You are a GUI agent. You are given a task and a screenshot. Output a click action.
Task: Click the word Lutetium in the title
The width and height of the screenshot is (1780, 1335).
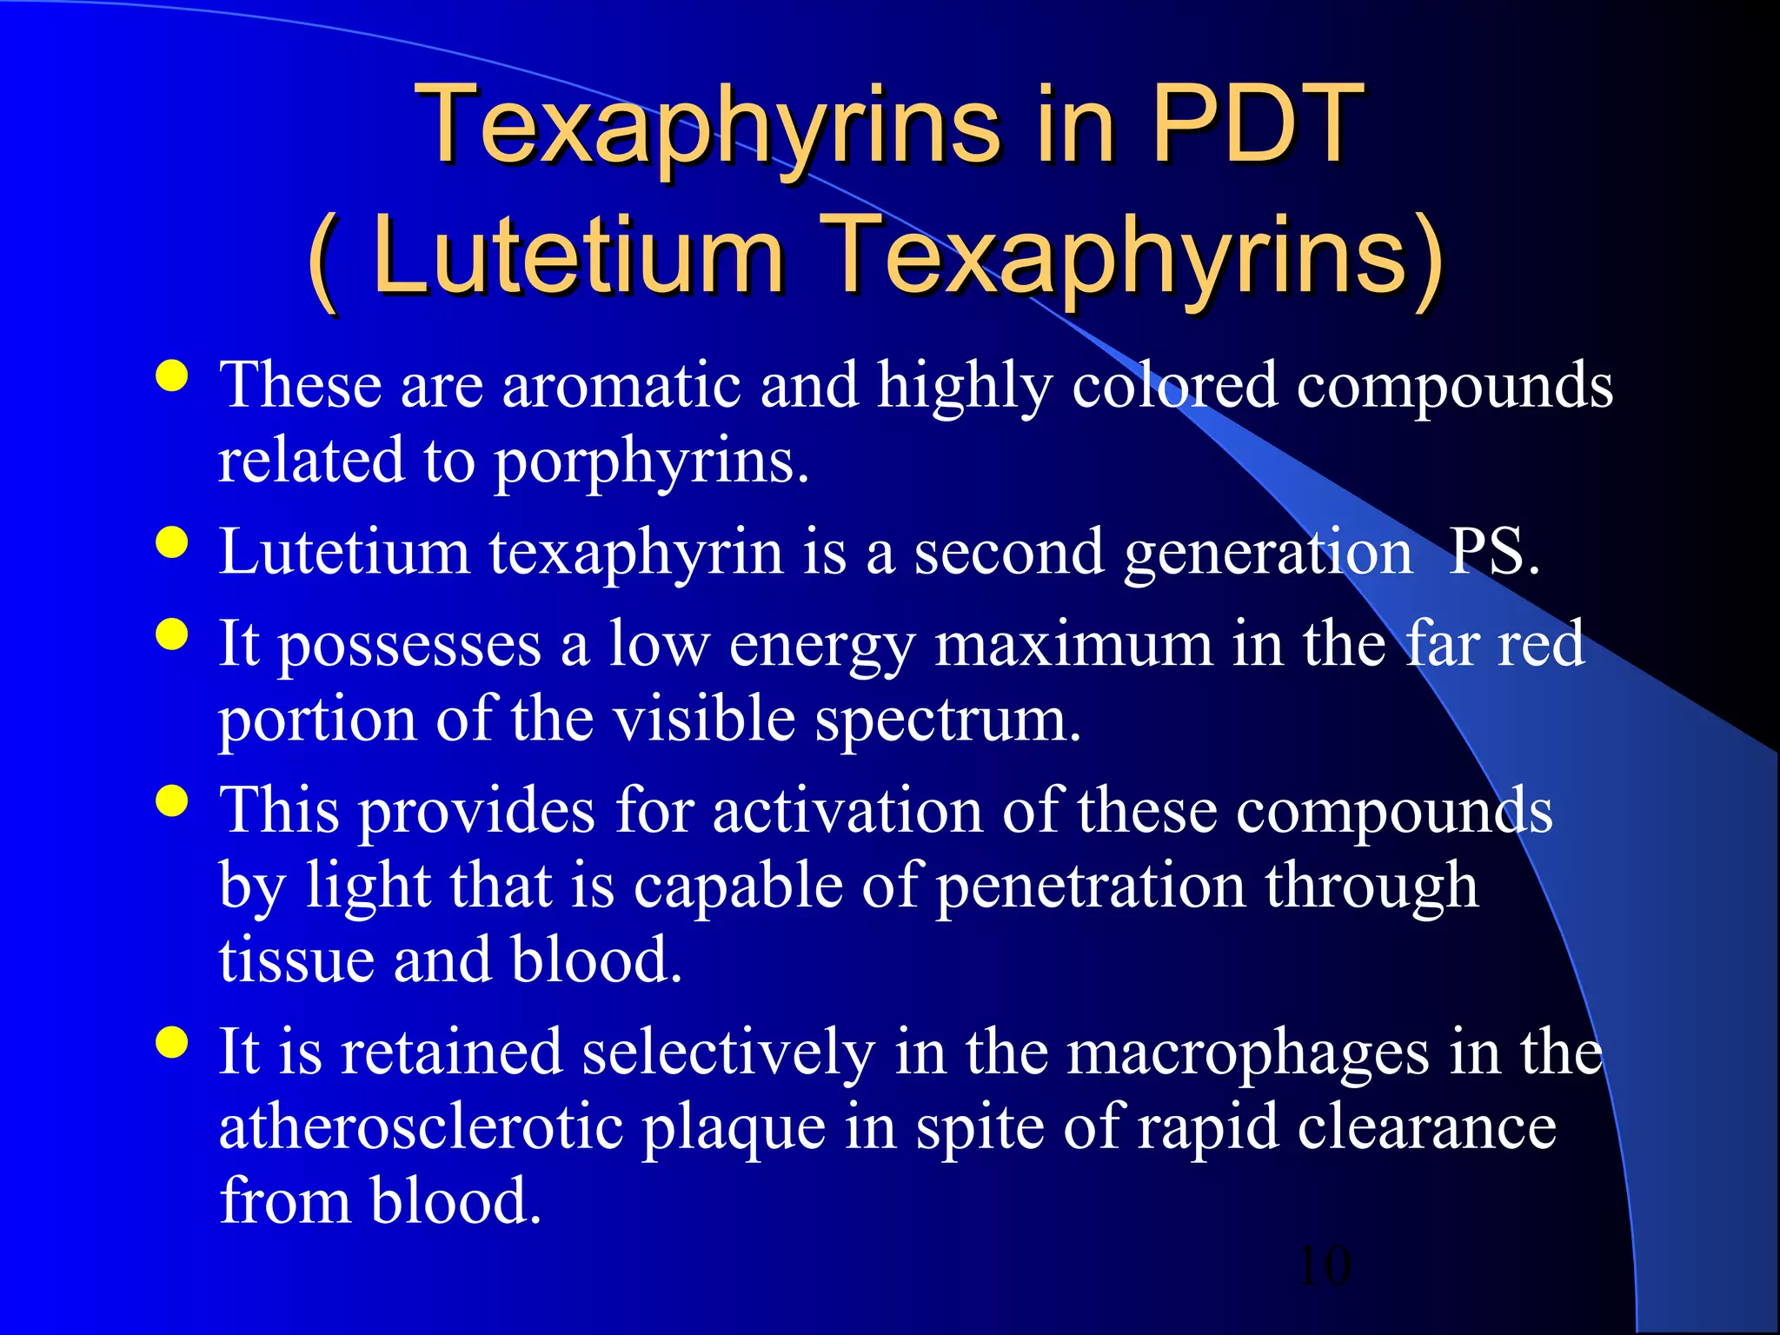[x=578, y=256]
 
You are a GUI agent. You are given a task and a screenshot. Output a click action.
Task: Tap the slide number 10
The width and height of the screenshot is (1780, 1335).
[x=1325, y=1265]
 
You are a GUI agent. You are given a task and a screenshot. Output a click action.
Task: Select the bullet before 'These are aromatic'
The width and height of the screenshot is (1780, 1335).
[x=172, y=377]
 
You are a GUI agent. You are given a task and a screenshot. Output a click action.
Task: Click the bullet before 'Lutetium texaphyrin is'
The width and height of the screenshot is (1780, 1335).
[x=172, y=543]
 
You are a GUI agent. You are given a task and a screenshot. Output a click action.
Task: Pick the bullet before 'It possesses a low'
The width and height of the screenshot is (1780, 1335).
[x=172, y=634]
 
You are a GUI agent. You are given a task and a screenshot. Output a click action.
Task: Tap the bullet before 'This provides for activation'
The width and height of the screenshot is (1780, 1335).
[x=172, y=800]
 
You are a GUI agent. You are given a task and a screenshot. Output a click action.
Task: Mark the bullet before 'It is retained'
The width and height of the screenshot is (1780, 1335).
[x=172, y=1041]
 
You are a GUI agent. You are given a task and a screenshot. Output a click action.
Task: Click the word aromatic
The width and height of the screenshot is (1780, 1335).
[x=621, y=385]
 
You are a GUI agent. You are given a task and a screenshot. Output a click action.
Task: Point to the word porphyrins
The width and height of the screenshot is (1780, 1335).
[x=651, y=462]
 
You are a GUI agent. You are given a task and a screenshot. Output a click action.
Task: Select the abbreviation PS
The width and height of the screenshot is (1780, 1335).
[x=1493, y=552]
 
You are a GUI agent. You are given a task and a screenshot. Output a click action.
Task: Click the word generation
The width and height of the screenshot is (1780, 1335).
[x=1268, y=554]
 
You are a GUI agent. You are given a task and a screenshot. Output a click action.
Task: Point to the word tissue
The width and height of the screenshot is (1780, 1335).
[x=296, y=960]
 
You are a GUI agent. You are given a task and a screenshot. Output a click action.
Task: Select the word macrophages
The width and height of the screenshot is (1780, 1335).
[x=1247, y=1053]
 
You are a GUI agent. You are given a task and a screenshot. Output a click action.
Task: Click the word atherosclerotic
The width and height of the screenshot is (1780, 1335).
[x=421, y=1127]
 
